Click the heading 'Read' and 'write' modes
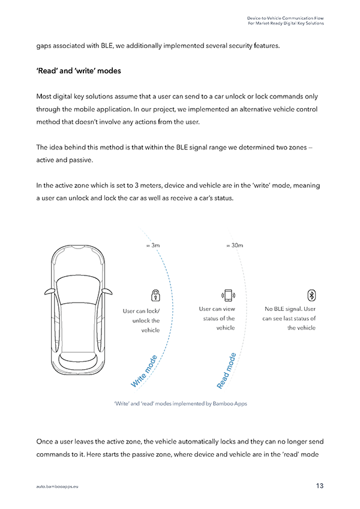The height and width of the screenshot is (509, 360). click(x=79, y=71)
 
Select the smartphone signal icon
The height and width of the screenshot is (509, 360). click(x=228, y=295)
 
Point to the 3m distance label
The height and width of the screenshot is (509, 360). click(x=153, y=245)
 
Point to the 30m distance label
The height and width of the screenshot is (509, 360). click(x=234, y=245)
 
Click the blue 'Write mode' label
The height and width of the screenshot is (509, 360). click(x=144, y=370)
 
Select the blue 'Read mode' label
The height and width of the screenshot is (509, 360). click(x=226, y=371)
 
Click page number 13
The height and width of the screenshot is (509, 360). click(x=320, y=486)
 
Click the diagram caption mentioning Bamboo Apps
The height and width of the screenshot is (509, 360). click(x=180, y=404)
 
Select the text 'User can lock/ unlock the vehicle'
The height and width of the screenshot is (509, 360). click(x=142, y=321)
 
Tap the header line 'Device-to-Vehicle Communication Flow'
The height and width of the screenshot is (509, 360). click(x=286, y=18)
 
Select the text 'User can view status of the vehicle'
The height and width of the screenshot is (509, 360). click(x=217, y=318)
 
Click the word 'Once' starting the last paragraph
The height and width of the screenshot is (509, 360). click(x=45, y=442)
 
